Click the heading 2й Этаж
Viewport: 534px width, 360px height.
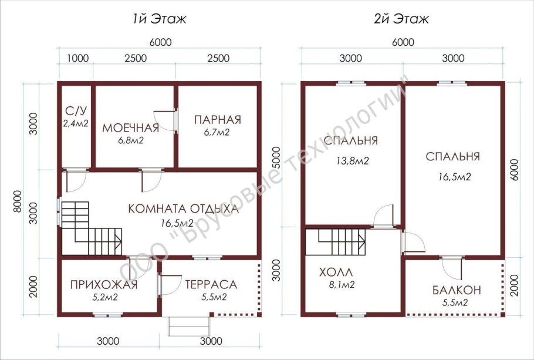(401, 19)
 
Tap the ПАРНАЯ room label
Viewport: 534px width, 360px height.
(218, 120)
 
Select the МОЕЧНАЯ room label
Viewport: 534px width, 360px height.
(131, 128)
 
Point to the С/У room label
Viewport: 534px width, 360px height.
(76, 111)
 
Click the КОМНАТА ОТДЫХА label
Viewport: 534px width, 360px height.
(184, 208)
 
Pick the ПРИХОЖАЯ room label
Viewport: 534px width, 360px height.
(104, 285)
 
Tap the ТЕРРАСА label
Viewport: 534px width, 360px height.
(211, 284)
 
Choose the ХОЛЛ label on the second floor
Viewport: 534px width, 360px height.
(336, 272)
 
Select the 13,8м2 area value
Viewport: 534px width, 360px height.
(353, 160)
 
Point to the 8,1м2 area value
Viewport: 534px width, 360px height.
(342, 284)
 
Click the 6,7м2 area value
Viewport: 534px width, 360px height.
(217, 132)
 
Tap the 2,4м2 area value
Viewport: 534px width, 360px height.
(76, 123)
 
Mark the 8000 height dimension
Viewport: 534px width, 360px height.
(17, 201)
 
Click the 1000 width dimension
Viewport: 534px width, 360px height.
(77, 58)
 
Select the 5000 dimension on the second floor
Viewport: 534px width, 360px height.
(276, 157)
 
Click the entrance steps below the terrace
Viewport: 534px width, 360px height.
(190, 327)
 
